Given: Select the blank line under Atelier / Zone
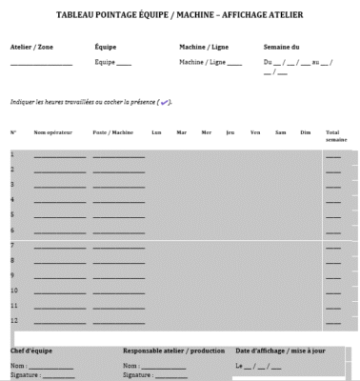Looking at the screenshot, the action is [41, 65].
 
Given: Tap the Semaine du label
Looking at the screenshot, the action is [282, 46].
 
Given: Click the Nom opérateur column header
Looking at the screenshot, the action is [54, 131].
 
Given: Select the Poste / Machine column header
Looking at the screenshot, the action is [112, 131].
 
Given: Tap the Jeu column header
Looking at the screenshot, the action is [230, 131].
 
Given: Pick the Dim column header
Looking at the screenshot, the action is [305, 131].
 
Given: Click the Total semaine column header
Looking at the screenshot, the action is [333, 135].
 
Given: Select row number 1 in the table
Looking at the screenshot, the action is [12, 154].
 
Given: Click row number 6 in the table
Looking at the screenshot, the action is [12, 231].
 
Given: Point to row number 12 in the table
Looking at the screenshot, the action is [14, 320].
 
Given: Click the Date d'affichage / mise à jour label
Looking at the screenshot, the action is [282, 351].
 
